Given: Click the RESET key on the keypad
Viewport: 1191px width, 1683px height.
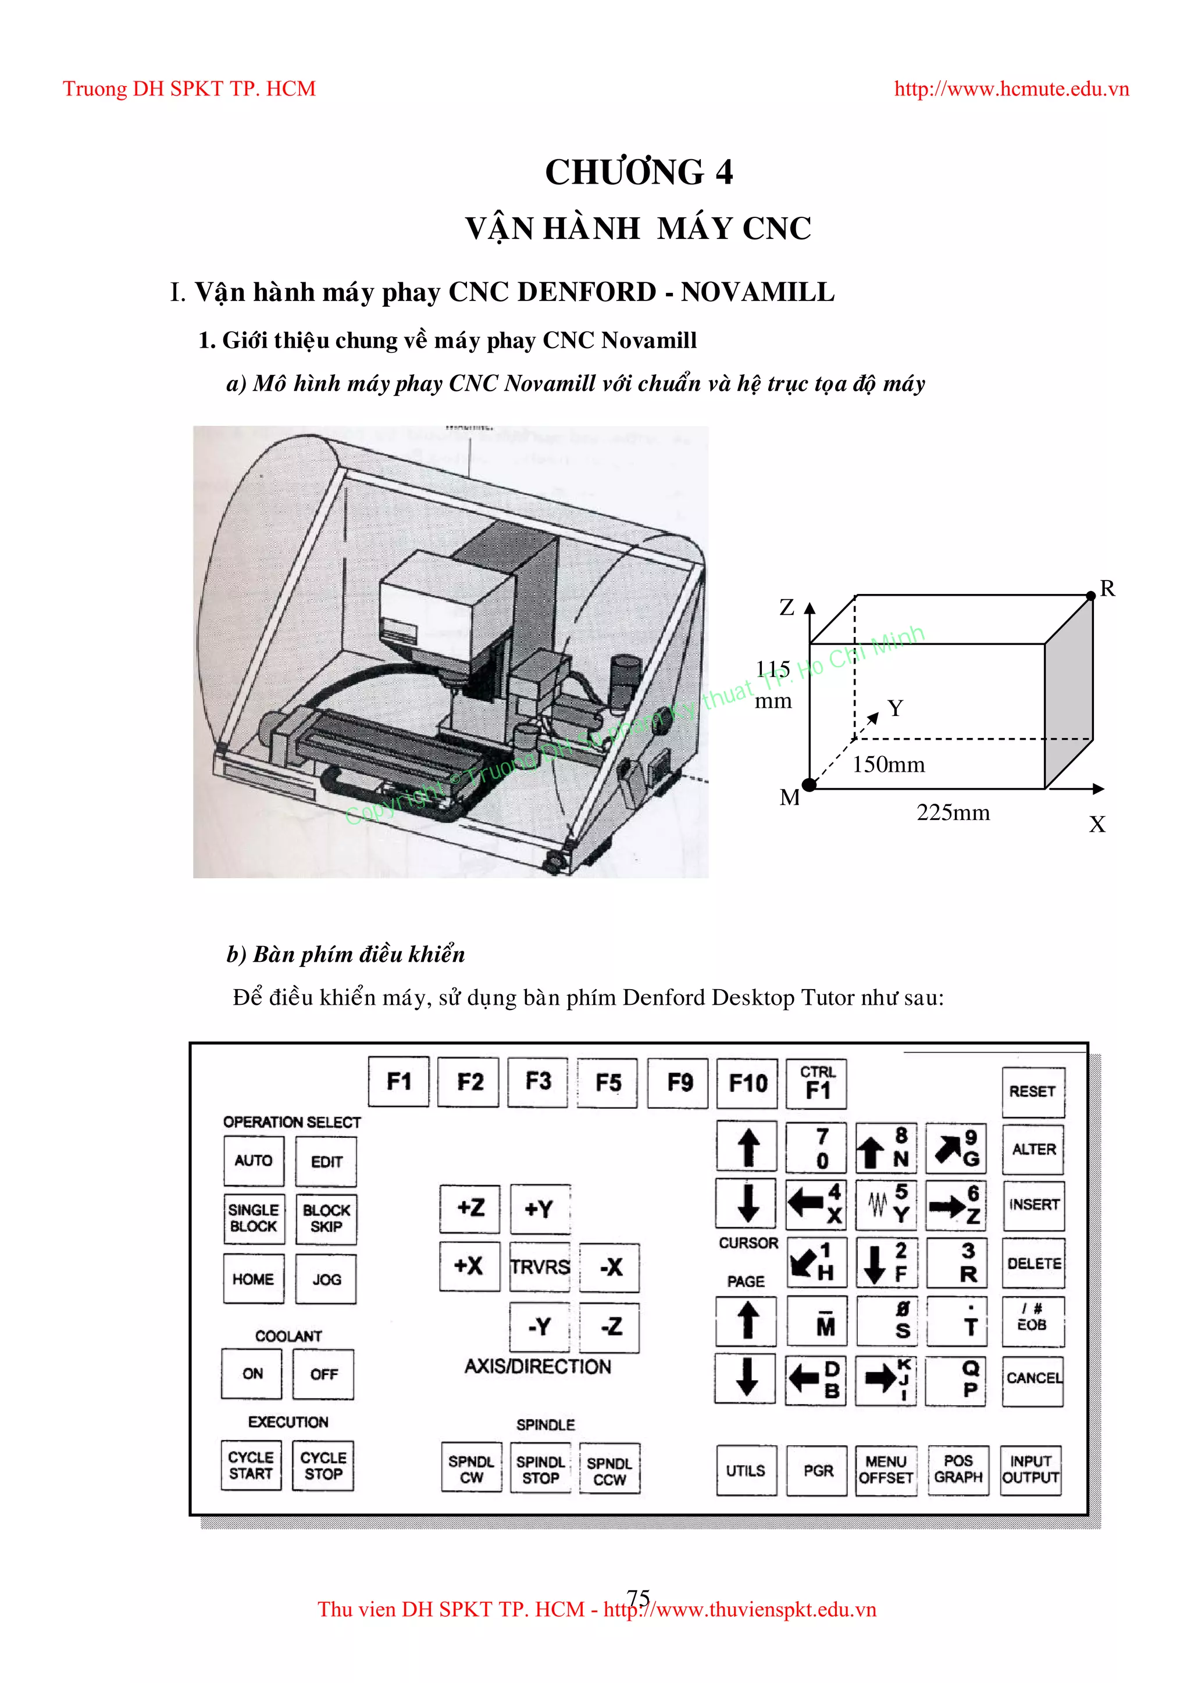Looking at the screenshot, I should point(1033,1091).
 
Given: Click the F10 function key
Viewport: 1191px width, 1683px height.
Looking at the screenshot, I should point(747,1083).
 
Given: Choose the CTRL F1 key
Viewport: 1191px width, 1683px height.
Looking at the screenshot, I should point(817,1083).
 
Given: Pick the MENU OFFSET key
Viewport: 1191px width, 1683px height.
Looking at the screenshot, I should point(886,1470).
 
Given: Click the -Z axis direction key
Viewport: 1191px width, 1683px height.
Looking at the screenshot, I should point(609,1326).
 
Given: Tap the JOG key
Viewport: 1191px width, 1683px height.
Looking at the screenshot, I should point(326,1279).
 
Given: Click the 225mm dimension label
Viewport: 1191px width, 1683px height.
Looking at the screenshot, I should point(953,812).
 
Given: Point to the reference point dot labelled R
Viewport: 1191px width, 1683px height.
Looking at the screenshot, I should point(1090,596).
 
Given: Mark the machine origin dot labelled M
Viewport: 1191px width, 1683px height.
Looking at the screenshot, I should point(810,785).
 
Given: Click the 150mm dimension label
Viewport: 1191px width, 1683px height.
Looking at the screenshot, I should point(888,765).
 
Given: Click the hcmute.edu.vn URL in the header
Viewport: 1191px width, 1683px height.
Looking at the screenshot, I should point(1011,89).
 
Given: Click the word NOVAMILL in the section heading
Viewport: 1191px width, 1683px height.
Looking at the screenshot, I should point(758,292).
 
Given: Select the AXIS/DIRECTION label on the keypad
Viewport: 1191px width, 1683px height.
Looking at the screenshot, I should point(537,1366).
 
